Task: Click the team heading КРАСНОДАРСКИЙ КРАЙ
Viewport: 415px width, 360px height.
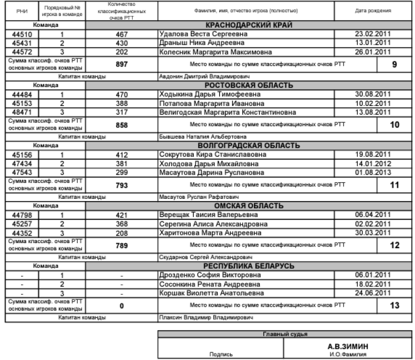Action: tap(248, 25)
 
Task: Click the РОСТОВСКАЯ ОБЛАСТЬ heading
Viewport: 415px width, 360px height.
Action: tap(248, 85)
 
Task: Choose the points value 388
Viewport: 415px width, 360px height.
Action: tap(122, 104)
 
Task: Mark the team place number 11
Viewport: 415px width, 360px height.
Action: tap(394, 185)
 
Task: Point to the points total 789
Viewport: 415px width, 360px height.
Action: tap(122, 245)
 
